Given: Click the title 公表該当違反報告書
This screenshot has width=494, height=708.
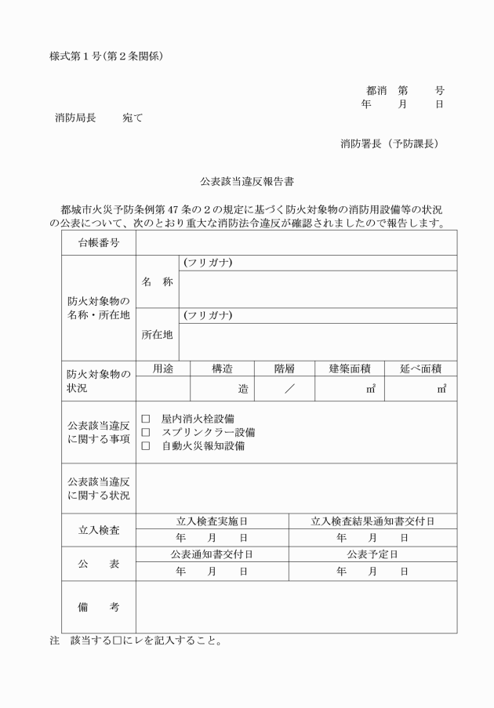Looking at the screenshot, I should click(x=247, y=181).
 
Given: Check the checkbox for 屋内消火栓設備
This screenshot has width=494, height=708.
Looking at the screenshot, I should click(x=145, y=419).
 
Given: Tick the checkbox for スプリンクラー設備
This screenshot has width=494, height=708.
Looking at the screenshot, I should click(x=145, y=433).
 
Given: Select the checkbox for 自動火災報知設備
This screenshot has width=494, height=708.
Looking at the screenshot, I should click(x=145, y=446).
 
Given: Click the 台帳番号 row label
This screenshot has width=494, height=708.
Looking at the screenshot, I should click(x=99, y=243).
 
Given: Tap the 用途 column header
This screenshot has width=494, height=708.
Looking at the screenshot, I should click(x=163, y=369).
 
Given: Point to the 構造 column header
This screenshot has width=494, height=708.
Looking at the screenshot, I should click(x=222, y=369).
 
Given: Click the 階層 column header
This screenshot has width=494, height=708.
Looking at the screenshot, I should click(x=285, y=369).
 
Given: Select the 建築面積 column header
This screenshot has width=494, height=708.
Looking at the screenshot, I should click(x=350, y=369).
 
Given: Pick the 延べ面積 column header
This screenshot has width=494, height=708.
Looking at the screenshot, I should click(x=421, y=369).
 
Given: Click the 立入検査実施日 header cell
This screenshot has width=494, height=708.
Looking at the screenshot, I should click(x=212, y=521).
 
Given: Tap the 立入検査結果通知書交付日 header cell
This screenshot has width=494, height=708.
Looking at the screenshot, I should click(x=372, y=521).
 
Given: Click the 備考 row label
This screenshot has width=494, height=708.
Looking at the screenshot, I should click(x=99, y=607).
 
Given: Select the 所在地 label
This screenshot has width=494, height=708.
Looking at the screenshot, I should click(x=157, y=335).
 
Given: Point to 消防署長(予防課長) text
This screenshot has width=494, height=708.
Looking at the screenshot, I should click(x=389, y=143).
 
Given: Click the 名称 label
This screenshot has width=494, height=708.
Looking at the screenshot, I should click(x=157, y=281).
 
